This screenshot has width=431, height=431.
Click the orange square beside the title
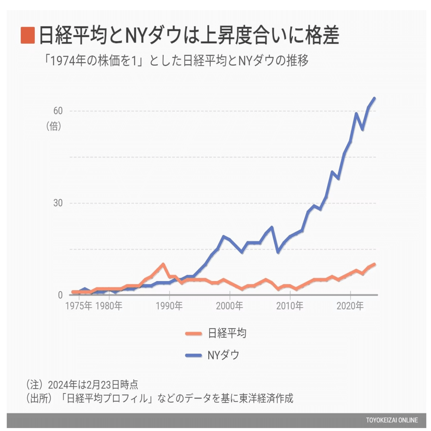coord(28,35)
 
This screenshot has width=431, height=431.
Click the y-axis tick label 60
coord(58,111)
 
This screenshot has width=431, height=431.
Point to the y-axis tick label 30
coord(58,203)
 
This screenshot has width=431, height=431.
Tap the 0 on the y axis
coord(60,295)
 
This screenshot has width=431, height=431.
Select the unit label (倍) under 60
coord(54,126)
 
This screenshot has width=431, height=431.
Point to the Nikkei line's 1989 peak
coord(163,264)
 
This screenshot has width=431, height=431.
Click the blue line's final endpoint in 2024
coord(374,98)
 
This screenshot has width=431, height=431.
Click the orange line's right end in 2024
coord(374,264)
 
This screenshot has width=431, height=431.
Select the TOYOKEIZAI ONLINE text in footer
coord(392,420)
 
